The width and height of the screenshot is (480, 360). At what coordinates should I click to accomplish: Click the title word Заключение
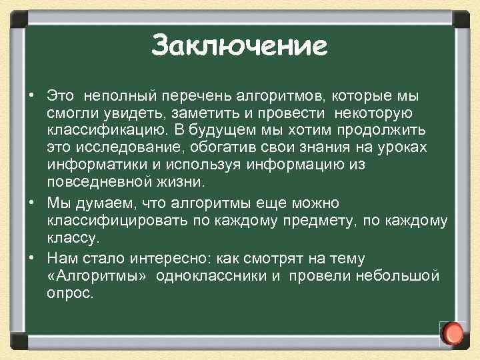239,47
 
